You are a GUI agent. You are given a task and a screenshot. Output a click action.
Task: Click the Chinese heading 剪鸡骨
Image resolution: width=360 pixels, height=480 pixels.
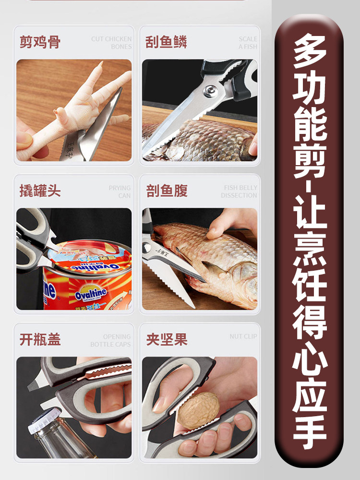pyautogui.click(x=40, y=42)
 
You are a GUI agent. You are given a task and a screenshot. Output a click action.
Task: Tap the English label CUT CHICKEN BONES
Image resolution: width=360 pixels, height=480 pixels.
pyautogui.click(x=111, y=43)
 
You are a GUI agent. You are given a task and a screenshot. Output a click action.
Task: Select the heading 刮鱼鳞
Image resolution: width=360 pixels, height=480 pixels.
pyautogui.click(x=166, y=42)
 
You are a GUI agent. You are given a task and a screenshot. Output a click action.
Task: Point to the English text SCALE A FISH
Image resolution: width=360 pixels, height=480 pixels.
pyautogui.click(x=248, y=43)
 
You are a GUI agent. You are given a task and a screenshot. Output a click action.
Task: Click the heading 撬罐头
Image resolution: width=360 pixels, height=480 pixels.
pyautogui.click(x=40, y=191)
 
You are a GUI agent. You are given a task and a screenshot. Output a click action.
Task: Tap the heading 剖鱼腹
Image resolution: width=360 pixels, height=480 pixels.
pyautogui.click(x=166, y=191)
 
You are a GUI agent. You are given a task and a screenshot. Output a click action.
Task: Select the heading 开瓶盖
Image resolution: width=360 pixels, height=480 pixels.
pyautogui.click(x=40, y=340)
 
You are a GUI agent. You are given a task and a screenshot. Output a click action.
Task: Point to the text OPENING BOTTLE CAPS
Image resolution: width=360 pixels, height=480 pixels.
pyautogui.click(x=110, y=340)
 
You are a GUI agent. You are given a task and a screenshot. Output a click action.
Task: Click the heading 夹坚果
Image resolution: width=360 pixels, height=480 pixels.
pyautogui.click(x=166, y=340)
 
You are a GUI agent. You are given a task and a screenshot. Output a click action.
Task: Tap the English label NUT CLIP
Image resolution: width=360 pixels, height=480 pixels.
pyautogui.click(x=243, y=336)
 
